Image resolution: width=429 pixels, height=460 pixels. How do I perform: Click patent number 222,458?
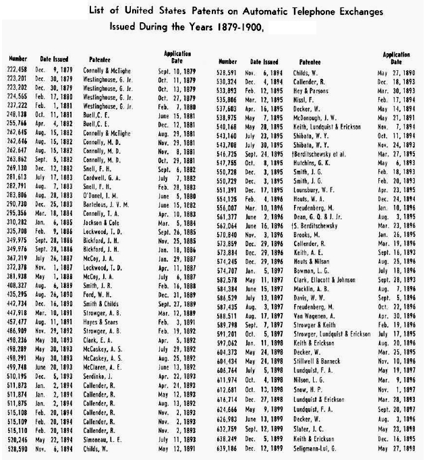20,71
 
